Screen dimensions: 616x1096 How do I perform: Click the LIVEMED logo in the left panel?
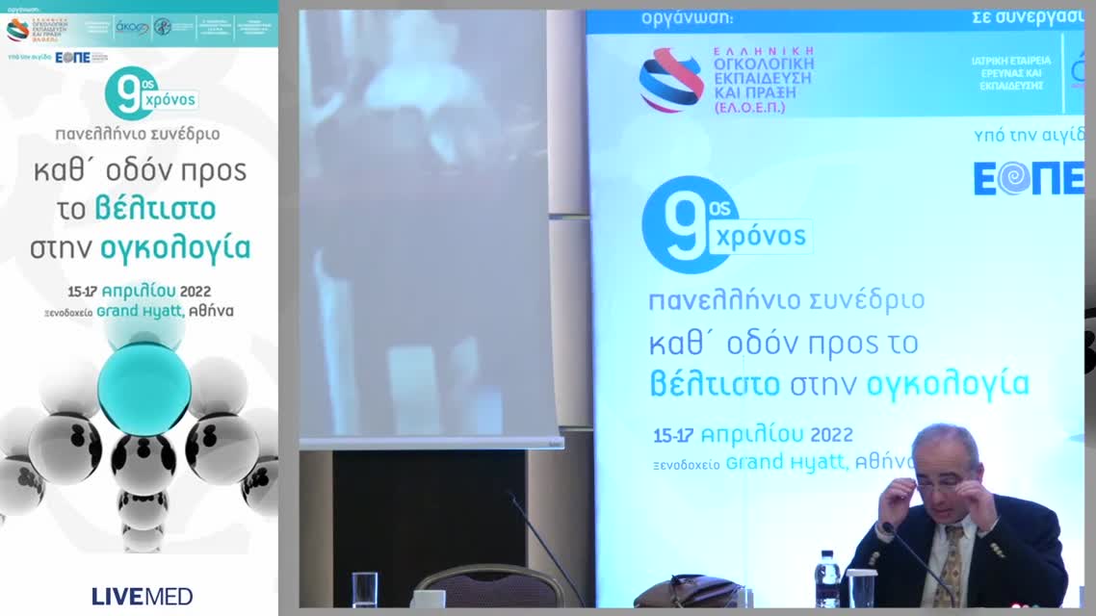pyautogui.click(x=142, y=596)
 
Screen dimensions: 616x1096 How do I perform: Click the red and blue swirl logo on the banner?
pyautogui.click(x=670, y=79)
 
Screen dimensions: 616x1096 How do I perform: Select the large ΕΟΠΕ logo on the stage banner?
pyautogui.click(x=1027, y=178)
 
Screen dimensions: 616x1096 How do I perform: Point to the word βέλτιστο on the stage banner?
pyautogui.click(x=714, y=384)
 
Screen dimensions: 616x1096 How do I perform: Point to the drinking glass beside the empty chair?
pyautogui.click(x=365, y=588)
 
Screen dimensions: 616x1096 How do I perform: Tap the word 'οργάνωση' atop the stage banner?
pyautogui.click(x=686, y=18)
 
